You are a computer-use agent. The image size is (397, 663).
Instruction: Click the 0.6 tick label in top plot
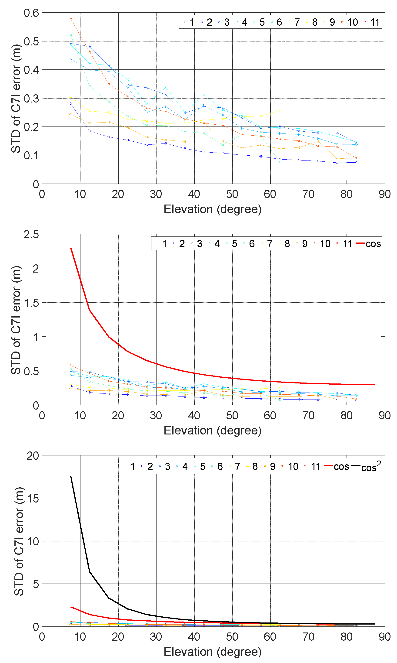coord(31,13)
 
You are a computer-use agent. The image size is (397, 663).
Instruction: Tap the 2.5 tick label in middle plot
coord(31,234)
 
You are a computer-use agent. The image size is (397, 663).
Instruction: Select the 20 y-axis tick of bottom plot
coord(33,456)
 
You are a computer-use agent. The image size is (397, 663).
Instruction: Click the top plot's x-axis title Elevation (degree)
coord(212,209)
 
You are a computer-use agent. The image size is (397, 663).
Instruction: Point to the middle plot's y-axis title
coord(16,320)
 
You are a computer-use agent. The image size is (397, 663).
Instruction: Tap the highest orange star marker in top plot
coord(71,19)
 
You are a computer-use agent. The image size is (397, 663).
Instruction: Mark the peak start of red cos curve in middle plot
coord(71,248)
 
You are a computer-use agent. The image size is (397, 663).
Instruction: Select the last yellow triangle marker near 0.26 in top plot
coord(280,110)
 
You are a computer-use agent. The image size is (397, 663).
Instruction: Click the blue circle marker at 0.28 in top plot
coord(71,104)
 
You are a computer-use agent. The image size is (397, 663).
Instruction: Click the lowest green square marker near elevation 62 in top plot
coord(280,162)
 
